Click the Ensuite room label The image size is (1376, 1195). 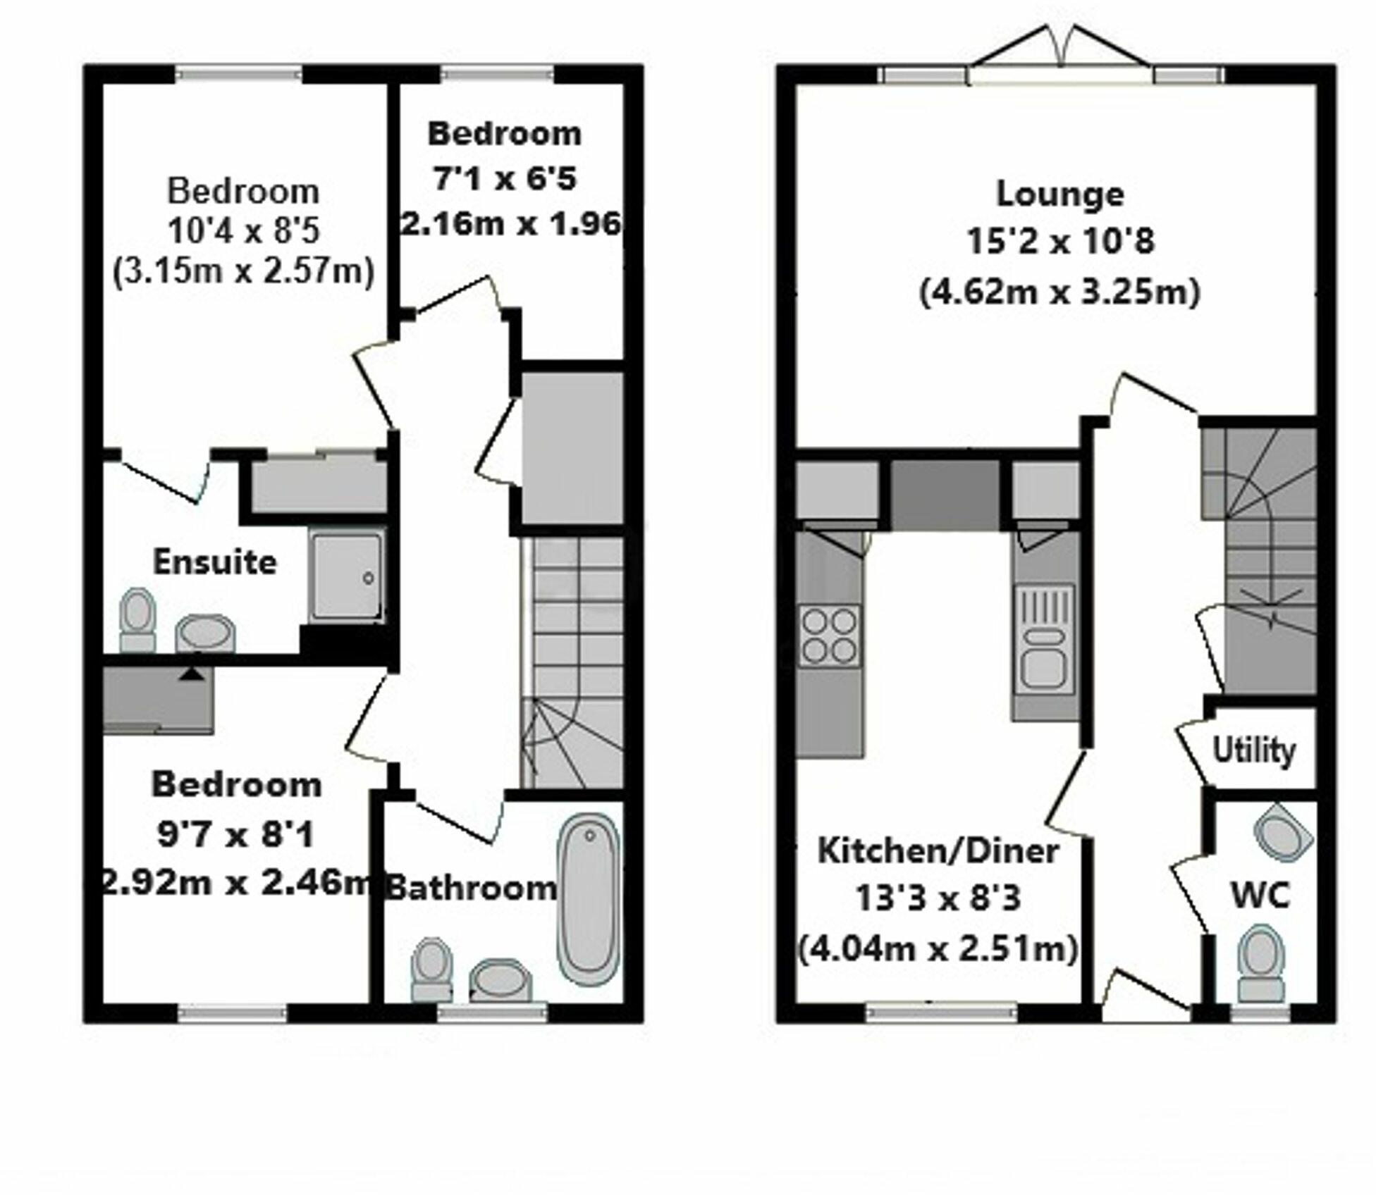[x=214, y=562]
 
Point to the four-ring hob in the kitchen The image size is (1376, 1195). [x=830, y=635]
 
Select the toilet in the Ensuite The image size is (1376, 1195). [x=137, y=619]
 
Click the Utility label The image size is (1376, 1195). [x=1253, y=751]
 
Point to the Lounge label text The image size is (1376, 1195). [x=1059, y=194]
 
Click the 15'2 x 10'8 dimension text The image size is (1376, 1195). [x=1059, y=242]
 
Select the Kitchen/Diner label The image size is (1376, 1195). [x=938, y=851]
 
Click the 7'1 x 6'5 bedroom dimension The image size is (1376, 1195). [x=505, y=178]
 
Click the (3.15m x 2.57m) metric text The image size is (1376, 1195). [x=243, y=271]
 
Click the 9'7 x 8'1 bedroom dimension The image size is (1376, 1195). [x=235, y=836]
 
